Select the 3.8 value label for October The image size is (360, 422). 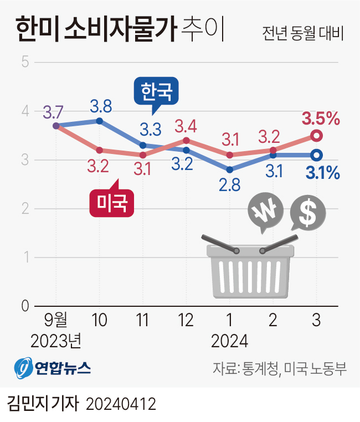point(100,105)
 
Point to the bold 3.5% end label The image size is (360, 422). point(320,119)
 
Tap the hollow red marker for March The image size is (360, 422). point(316,136)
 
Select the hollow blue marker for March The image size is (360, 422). point(316,155)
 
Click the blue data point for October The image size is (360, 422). point(100,121)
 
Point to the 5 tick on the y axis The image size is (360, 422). point(25,61)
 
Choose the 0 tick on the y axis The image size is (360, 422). point(25,306)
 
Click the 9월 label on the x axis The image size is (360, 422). point(55,321)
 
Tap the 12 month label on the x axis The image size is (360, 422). point(186,321)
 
